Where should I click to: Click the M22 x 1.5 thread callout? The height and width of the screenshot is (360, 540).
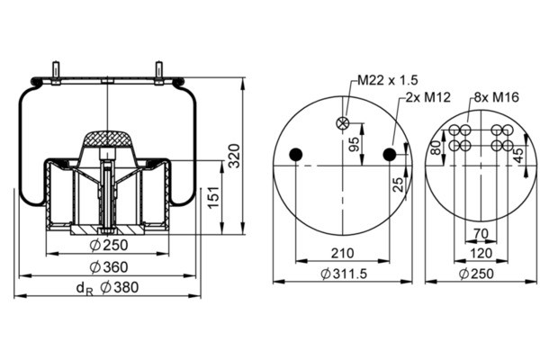tap(387, 80)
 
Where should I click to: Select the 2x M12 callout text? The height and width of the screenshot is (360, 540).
tap(427, 97)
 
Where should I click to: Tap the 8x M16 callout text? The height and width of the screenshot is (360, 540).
tap(496, 97)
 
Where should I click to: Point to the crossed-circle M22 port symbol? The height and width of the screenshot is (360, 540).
tap(343, 123)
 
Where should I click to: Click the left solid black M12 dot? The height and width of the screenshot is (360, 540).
tap(296, 155)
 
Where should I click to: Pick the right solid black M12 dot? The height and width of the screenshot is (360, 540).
tap(390, 155)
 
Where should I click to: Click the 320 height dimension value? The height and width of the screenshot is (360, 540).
tap(235, 156)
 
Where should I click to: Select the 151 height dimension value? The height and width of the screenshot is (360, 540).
tap(213, 197)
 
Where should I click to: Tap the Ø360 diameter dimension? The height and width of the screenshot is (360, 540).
tap(109, 267)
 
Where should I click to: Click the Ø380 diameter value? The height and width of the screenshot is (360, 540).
tap(119, 287)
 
